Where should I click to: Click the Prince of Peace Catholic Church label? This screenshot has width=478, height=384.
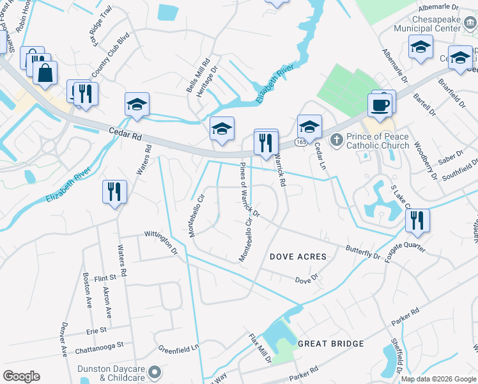point(378,141)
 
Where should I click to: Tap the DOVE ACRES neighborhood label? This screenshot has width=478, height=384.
point(298,257)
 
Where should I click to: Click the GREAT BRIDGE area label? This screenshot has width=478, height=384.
point(331,344)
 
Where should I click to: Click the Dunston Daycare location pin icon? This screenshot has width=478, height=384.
point(155,371)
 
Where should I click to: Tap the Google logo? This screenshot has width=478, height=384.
point(21,376)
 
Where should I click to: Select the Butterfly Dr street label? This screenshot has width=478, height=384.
point(362,251)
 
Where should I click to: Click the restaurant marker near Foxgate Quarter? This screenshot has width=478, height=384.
point(417,221)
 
